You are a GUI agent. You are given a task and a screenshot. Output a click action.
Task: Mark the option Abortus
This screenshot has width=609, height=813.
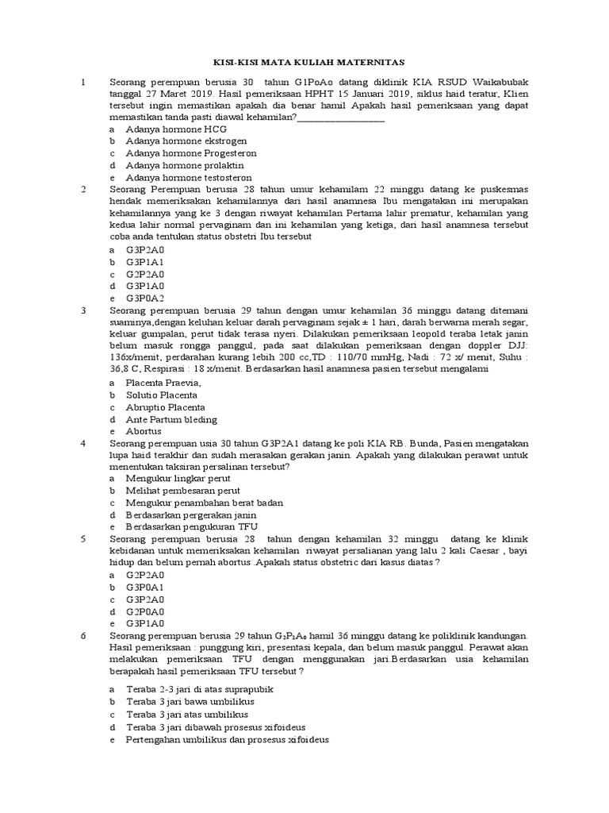click(x=144, y=431)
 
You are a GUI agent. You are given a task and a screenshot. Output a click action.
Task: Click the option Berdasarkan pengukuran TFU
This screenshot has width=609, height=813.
click(x=192, y=526)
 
